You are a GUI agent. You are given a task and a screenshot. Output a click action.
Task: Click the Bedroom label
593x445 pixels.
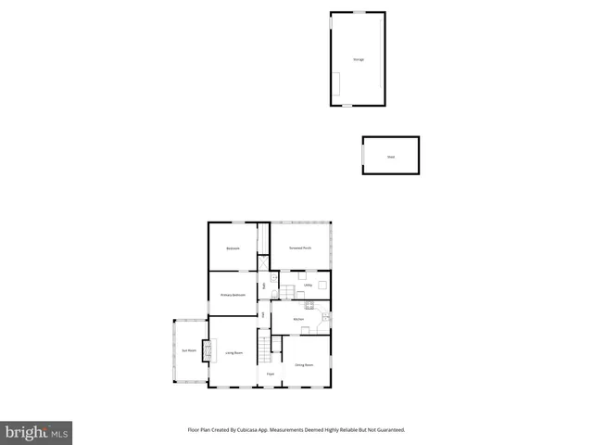(233, 248)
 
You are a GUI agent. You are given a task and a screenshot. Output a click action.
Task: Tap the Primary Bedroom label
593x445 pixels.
(233, 295)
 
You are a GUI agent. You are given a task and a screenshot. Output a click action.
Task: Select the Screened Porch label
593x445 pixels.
(299, 248)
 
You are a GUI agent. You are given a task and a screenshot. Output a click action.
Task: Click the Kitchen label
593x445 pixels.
(298, 319)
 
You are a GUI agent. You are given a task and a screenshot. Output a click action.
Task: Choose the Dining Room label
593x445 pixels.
(304, 365)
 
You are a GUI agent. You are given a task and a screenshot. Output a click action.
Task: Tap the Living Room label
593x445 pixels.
(233, 353)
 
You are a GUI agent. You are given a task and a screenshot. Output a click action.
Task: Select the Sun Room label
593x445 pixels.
(189, 350)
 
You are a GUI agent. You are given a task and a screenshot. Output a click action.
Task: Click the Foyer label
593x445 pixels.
(271, 374)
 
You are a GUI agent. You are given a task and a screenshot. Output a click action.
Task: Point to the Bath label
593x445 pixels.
(264, 286)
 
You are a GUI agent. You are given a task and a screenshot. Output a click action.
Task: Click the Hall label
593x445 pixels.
(264, 315)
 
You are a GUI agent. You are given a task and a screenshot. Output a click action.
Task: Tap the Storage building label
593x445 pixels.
(358, 59)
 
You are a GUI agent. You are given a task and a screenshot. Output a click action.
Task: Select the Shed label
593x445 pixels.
(390, 157)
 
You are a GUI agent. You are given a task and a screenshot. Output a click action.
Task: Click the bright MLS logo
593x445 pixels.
(36, 433)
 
